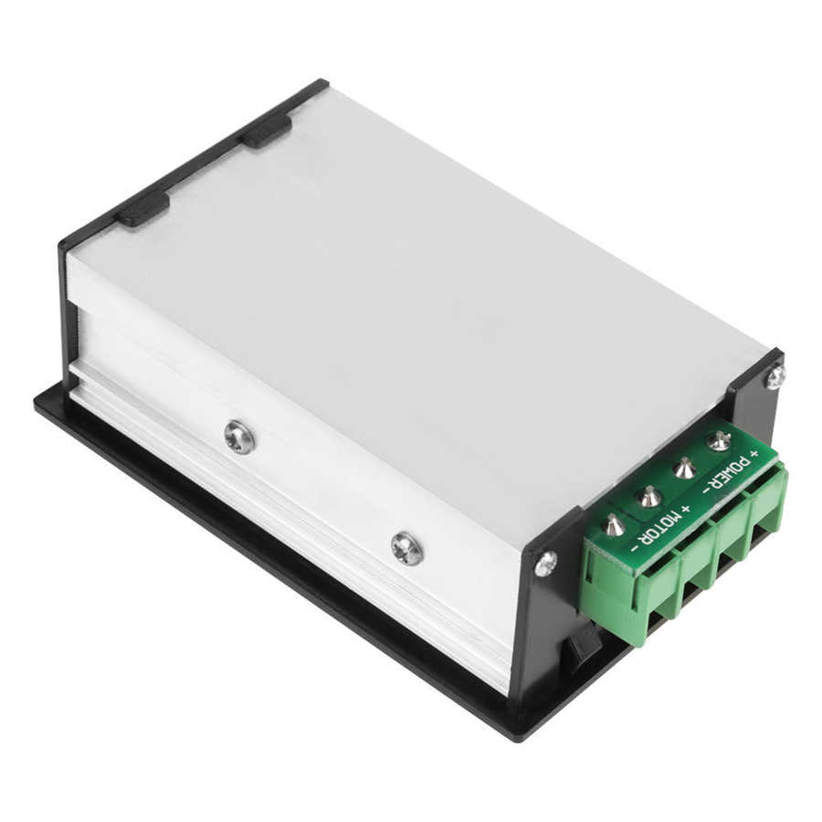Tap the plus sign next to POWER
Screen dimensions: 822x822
pyautogui.click(x=754, y=454)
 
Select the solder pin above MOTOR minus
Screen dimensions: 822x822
pyautogui.click(x=615, y=526)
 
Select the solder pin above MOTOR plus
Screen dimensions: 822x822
pyautogui.click(x=649, y=498)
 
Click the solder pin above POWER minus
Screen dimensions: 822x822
pyautogui.click(x=685, y=469)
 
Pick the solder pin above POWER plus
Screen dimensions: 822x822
pyautogui.click(x=720, y=441)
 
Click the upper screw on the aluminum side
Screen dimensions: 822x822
pyautogui.click(x=239, y=437)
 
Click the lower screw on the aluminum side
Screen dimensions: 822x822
pyautogui.click(x=406, y=548)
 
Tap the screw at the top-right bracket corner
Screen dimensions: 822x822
pyautogui.click(x=775, y=375)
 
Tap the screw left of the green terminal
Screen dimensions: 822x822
pyautogui.click(x=545, y=564)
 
